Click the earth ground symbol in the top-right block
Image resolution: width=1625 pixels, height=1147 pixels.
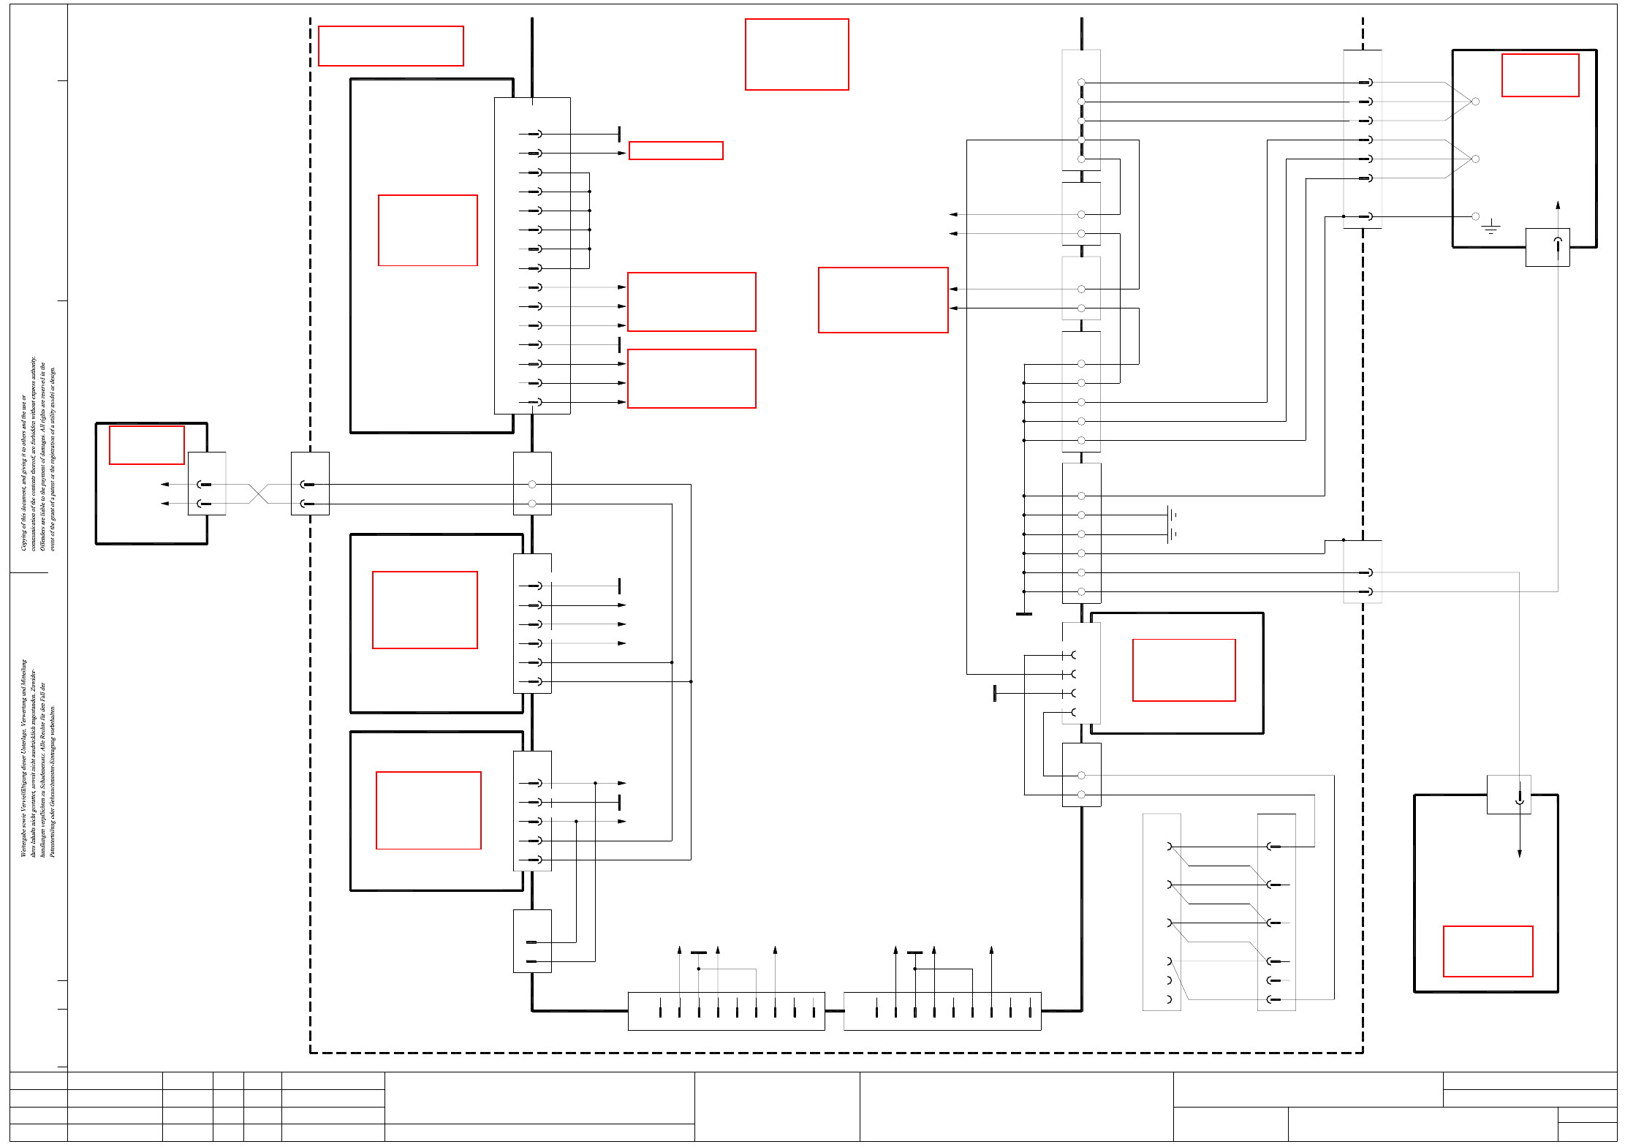[1490, 227]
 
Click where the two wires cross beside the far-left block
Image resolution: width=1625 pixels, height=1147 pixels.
[259, 493]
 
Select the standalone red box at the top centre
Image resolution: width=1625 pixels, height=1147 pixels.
[797, 55]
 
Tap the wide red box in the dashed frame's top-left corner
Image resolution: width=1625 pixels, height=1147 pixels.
[391, 46]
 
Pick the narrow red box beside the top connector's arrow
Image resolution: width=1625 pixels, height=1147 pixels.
[676, 151]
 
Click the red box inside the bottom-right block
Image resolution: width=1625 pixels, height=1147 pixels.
[1488, 951]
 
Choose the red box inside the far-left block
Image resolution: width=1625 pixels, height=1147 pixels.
[147, 444]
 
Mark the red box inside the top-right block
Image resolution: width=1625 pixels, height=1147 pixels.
[1540, 75]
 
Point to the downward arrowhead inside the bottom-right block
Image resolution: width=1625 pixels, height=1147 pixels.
[1520, 853]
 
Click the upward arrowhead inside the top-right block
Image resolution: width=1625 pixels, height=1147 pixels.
[1558, 205]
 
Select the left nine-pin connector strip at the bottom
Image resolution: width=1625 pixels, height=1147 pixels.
[727, 1011]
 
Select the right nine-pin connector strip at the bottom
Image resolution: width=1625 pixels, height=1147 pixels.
[942, 1011]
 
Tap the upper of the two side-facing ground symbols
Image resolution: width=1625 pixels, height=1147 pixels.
[1172, 515]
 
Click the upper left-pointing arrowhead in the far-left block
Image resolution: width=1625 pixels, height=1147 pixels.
[165, 484]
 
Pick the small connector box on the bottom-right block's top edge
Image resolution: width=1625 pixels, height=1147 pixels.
[1509, 795]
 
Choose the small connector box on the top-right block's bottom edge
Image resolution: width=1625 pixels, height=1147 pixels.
[1548, 247]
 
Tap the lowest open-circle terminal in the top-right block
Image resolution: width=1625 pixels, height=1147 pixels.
[1475, 216]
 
